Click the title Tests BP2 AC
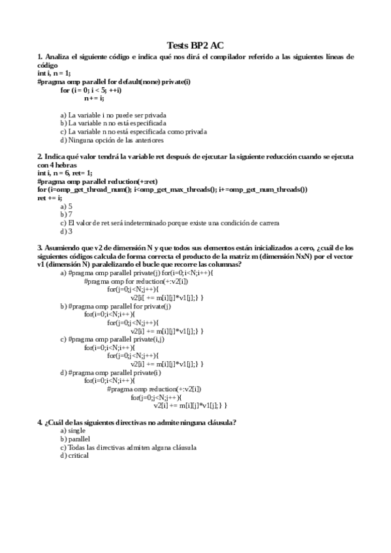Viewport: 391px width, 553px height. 196,45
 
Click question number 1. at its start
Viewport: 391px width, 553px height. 40,57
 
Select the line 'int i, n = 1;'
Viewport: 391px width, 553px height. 55,74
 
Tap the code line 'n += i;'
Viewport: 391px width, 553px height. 94,98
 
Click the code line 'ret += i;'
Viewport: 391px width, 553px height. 50,198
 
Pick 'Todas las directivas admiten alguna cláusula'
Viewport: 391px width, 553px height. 128,447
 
